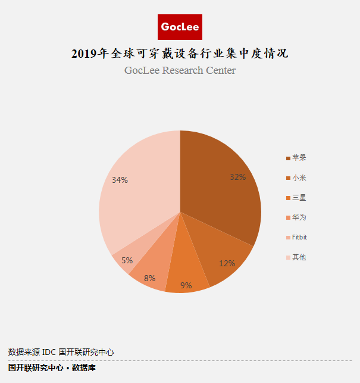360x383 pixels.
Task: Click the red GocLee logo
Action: (x=180, y=27)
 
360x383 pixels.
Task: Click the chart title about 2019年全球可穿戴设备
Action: (x=180, y=54)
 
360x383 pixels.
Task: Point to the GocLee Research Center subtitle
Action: (x=180, y=70)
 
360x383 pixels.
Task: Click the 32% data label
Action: (x=238, y=177)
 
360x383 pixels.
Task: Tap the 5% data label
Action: (x=127, y=260)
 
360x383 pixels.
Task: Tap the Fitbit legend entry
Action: (x=297, y=237)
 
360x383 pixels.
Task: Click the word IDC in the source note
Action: (x=49, y=352)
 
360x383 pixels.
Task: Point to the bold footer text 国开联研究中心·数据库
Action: (x=52, y=368)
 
